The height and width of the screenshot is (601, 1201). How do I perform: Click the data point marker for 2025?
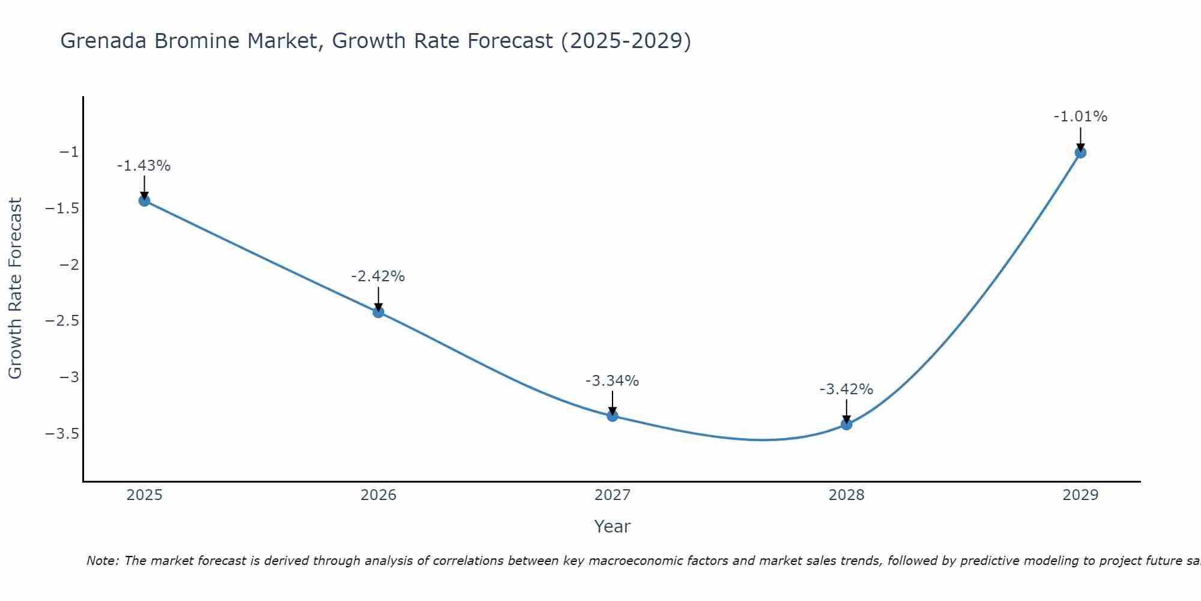click(x=144, y=200)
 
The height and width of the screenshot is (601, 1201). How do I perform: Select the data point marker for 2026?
click(x=378, y=311)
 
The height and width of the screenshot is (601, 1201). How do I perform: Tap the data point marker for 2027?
click(x=613, y=415)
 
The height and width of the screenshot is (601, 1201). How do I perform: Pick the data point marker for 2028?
click(x=846, y=424)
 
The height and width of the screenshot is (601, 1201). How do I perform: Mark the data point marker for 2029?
click(x=1080, y=153)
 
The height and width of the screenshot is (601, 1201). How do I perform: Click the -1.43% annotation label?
click(x=144, y=166)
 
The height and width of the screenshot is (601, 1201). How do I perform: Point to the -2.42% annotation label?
click(x=378, y=276)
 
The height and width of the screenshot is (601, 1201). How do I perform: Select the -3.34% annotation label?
click(x=612, y=380)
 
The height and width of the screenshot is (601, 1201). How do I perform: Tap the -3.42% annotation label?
click(x=846, y=389)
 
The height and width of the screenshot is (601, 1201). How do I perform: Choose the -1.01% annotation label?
click(x=1080, y=117)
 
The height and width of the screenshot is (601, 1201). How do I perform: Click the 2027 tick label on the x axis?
click(x=613, y=495)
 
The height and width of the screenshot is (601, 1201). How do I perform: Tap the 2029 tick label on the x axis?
click(x=1080, y=495)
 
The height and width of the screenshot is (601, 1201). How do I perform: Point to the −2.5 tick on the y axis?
click(x=62, y=321)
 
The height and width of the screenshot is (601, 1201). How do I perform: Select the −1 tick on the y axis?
click(x=69, y=152)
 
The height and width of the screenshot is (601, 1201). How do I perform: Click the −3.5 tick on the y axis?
click(x=62, y=434)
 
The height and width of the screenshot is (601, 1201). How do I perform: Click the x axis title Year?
click(x=612, y=526)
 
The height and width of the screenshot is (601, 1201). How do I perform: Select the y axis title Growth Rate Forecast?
click(x=15, y=288)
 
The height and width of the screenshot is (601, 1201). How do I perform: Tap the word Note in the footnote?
click(x=102, y=561)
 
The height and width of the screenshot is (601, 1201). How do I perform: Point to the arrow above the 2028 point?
click(x=846, y=411)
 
